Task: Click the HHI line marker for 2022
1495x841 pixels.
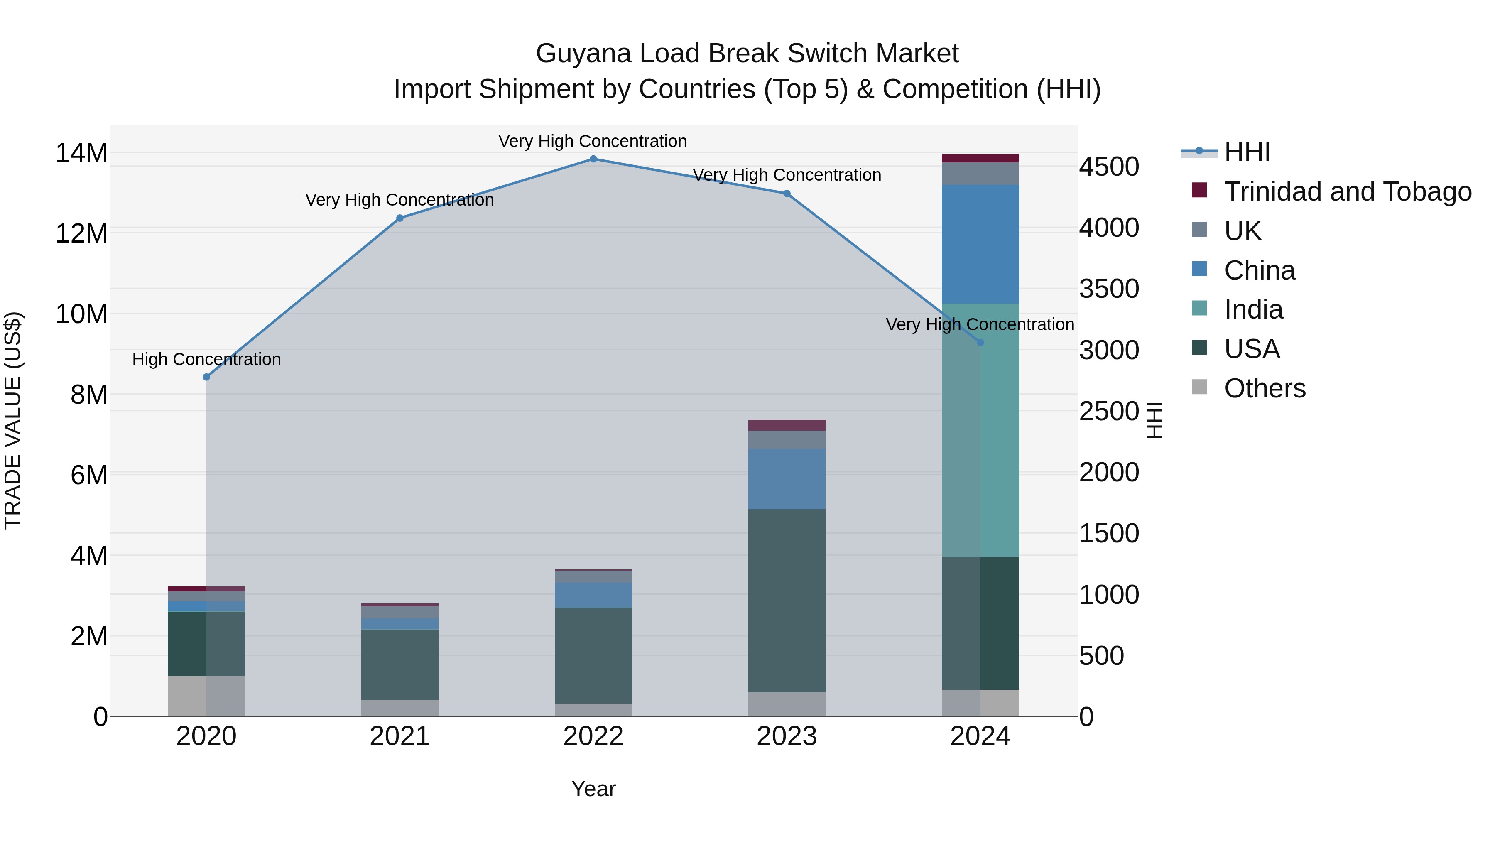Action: click(x=593, y=159)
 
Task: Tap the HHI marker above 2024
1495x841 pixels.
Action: click(x=980, y=343)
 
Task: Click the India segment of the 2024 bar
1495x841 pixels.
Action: click(x=980, y=429)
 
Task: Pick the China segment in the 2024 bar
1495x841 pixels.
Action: click(x=980, y=244)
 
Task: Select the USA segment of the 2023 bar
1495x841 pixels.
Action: click(x=787, y=601)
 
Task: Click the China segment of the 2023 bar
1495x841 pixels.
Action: click(x=787, y=479)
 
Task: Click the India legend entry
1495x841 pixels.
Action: click(x=1254, y=309)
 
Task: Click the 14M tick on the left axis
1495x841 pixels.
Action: click(x=81, y=153)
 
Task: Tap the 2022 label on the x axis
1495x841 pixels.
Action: click(x=593, y=736)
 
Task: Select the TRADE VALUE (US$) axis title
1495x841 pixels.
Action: click(x=13, y=420)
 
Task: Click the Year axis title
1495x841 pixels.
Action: click(x=593, y=789)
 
